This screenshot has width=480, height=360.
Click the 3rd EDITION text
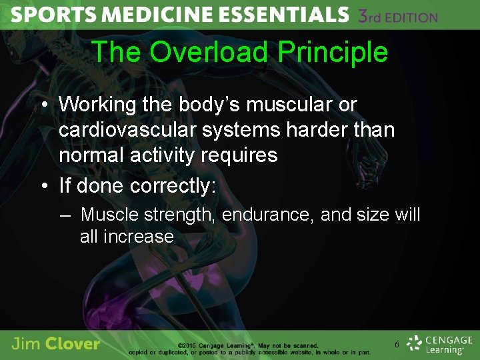(x=398, y=16)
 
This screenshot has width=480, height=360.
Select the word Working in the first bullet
(x=98, y=105)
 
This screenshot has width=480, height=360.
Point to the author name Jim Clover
(x=56, y=344)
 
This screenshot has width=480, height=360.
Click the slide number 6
(x=397, y=345)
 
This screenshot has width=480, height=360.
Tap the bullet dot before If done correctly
(x=42, y=186)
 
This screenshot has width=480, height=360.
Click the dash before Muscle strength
(x=64, y=215)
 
